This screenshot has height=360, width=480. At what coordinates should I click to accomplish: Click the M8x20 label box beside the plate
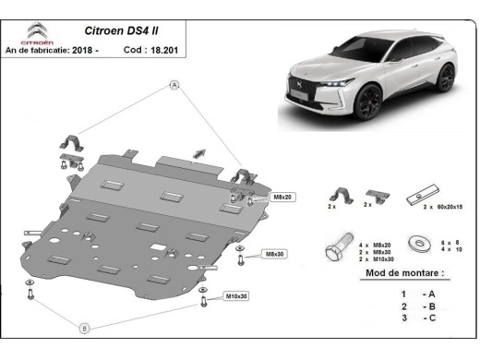282,198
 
